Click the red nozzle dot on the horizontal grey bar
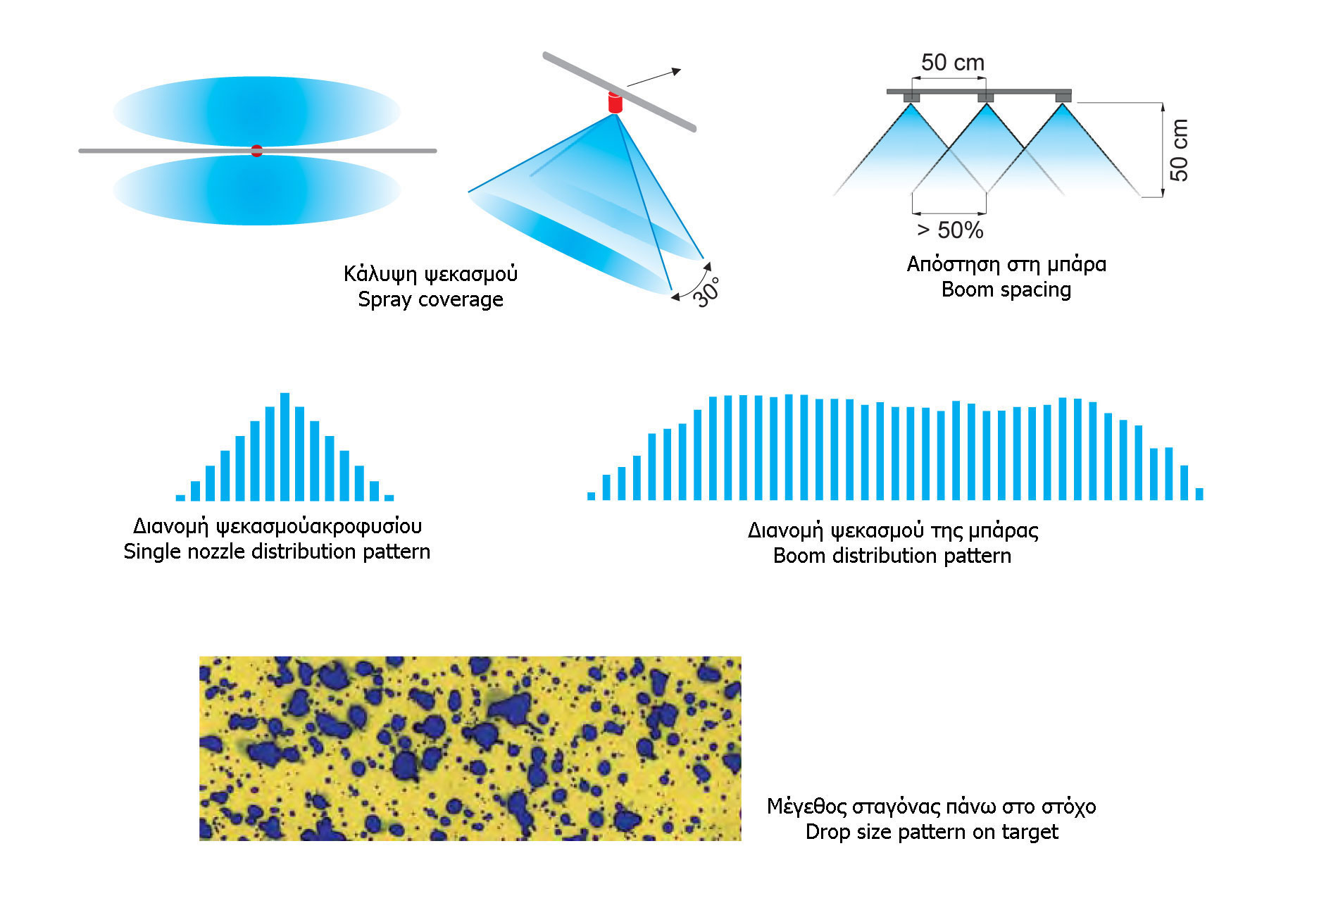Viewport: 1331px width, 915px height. (x=257, y=151)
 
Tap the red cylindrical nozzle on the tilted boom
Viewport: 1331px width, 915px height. (x=615, y=103)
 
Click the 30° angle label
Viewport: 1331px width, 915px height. (x=706, y=292)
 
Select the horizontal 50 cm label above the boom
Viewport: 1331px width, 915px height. (x=953, y=63)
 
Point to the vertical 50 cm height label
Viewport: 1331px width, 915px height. (x=1179, y=150)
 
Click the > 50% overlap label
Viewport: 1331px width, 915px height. (x=950, y=230)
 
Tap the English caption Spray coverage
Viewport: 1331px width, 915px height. (x=430, y=299)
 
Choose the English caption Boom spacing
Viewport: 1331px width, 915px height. (x=1006, y=290)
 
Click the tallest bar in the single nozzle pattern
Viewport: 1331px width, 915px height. (x=285, y=447)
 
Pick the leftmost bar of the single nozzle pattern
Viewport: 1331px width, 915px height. (x=180, y=498)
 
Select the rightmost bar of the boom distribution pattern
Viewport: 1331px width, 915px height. (x=1199, y=494)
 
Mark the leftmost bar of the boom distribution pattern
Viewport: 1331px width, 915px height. (x=592, y=496)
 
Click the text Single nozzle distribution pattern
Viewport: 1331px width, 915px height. (x=277, y=552)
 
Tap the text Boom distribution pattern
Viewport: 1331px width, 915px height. (x=892, y=556)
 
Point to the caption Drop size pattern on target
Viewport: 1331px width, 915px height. (x=932, y=832)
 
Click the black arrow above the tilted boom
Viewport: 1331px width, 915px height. (x=654, y=77)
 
